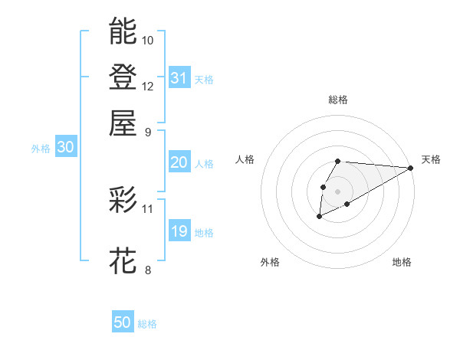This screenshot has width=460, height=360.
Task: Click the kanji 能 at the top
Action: (123, 31)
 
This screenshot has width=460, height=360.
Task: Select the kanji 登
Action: (123, 77)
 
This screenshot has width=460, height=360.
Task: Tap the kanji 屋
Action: (123, 123)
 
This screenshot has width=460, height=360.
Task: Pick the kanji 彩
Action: (123, 200)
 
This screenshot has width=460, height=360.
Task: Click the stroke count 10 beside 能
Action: (148, 40)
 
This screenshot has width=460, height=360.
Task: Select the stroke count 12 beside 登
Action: (148, 86)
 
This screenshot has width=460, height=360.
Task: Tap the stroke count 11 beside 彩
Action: (148, 208)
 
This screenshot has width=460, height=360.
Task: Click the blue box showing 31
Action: (179, 78)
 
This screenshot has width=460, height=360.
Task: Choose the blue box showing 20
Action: (179, 162)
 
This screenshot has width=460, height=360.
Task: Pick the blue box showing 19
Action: (179, 231)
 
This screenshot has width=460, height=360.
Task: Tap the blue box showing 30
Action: (65, 148)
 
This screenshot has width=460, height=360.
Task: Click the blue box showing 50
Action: (123, 322)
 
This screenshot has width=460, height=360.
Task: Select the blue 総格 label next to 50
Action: (147, 324)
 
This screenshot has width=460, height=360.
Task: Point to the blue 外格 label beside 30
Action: (41, 149)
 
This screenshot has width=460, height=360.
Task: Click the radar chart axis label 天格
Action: (431, 159)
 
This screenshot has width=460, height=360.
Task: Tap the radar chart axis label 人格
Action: (245, 159)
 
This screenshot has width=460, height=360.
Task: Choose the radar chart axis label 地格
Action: (402, 262)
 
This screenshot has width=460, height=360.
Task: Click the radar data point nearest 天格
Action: (410, 168)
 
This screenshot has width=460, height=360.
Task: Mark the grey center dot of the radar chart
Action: (337, 191)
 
